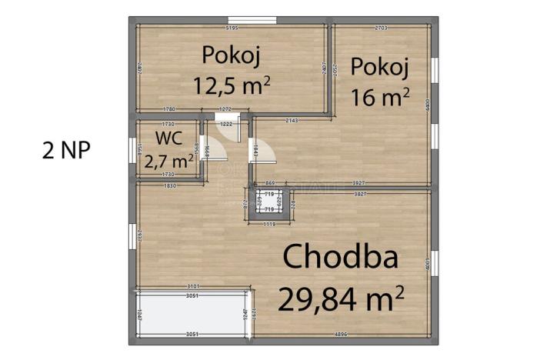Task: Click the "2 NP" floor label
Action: (66, 150)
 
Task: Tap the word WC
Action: (168, 138)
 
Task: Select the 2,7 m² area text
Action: (173, 161)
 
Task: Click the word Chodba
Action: (341, 257)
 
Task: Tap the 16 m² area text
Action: (380, 98)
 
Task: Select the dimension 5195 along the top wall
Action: (232, 28)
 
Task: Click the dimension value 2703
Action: (380, 28)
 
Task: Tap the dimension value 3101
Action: (194, 286)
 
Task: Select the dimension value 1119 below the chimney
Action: (269, 224)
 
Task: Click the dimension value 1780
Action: (170, 110)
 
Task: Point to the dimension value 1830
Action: (170, 186)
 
